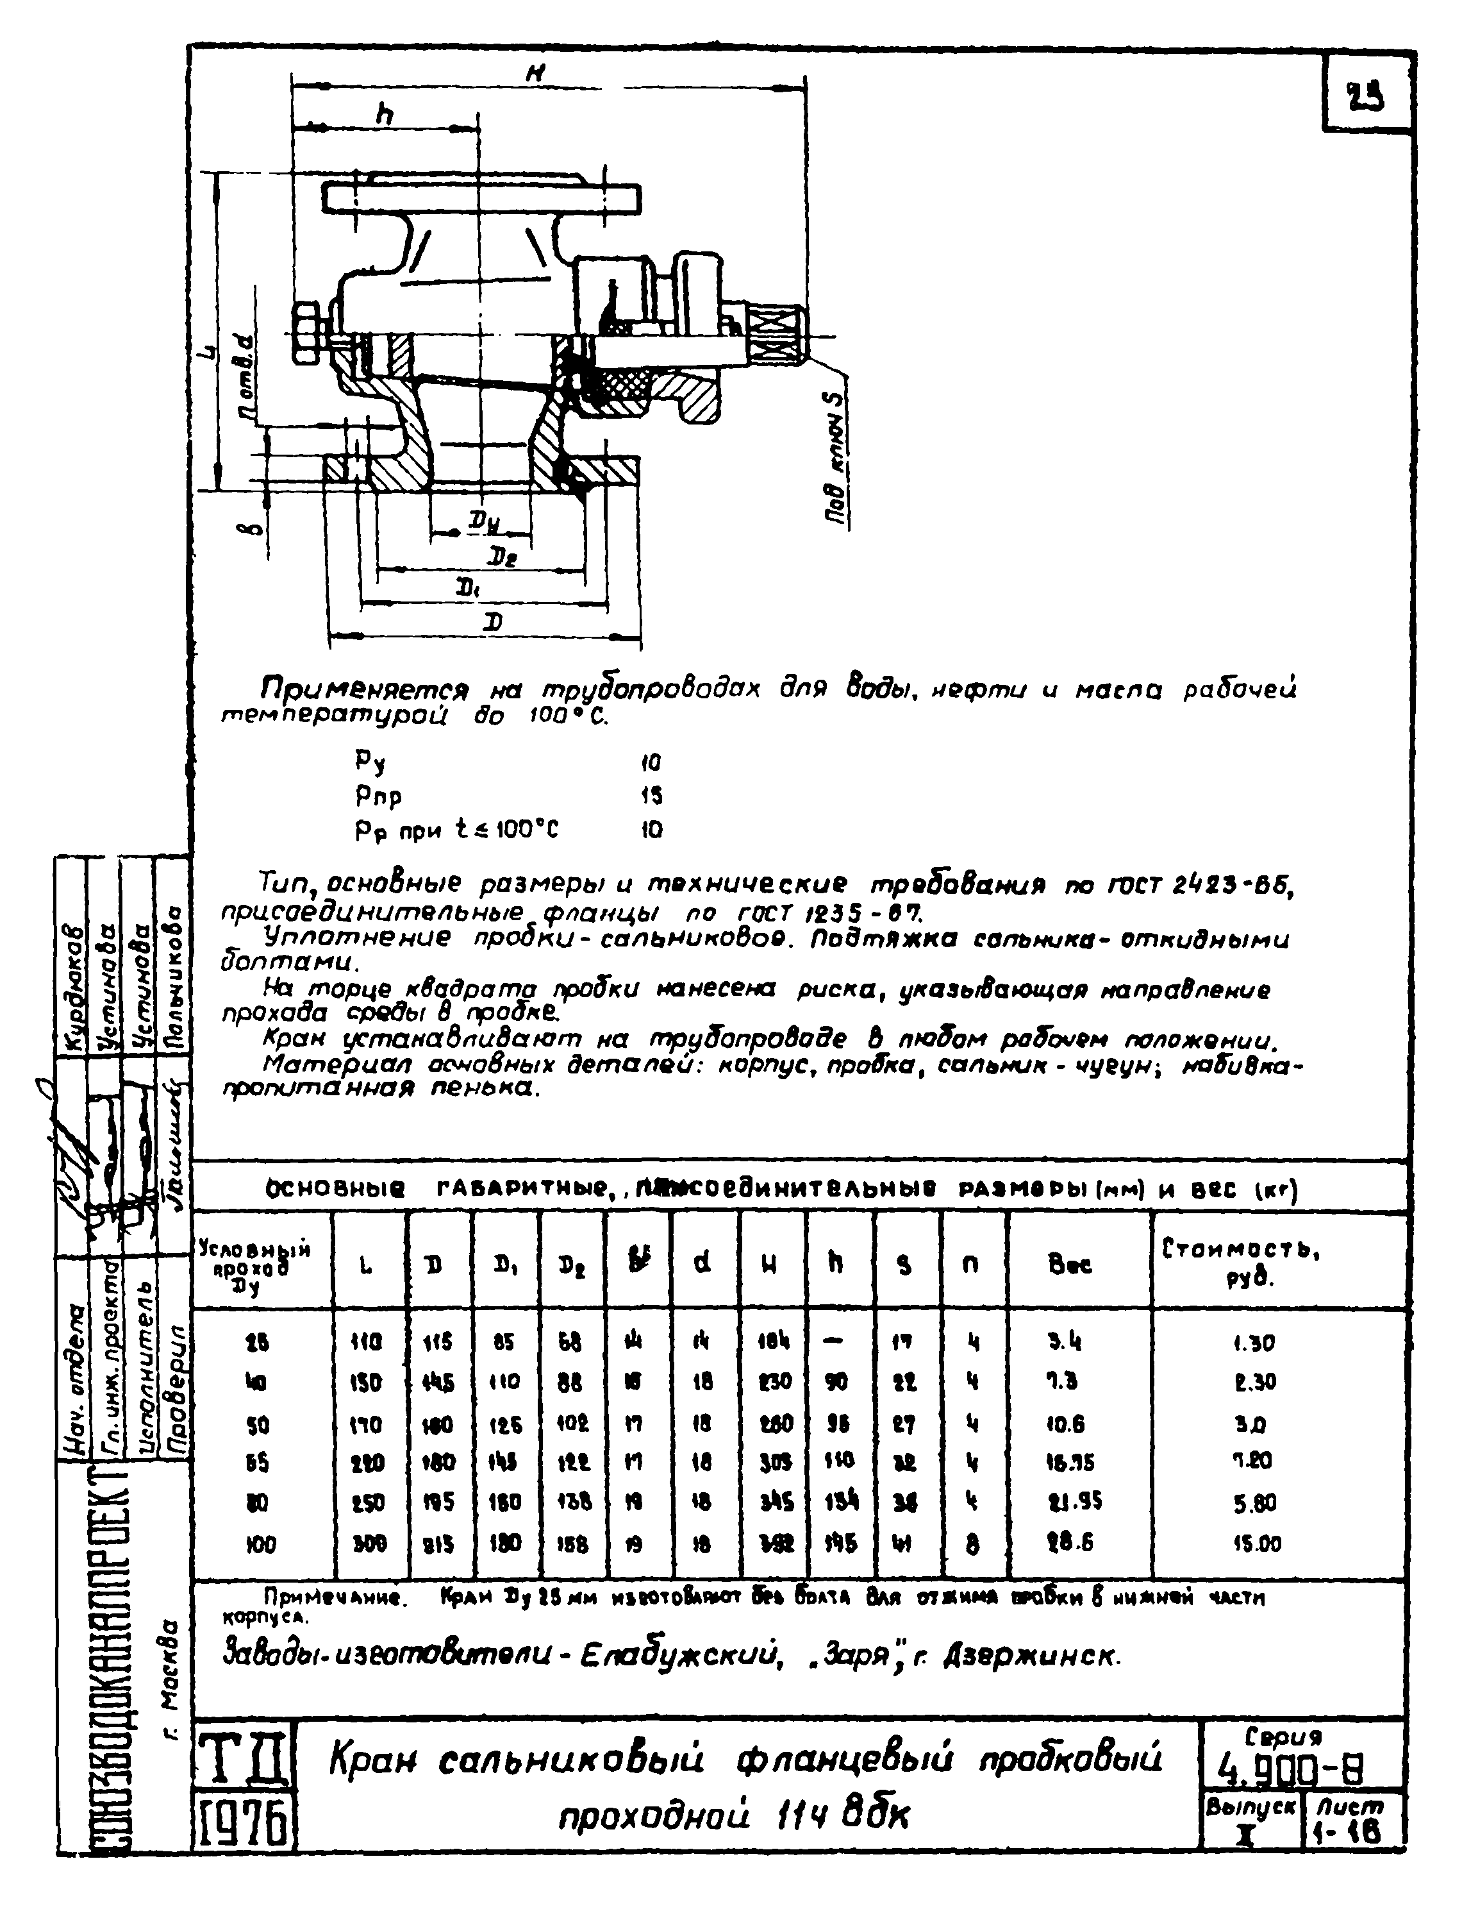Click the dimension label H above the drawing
tap(538, 75)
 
